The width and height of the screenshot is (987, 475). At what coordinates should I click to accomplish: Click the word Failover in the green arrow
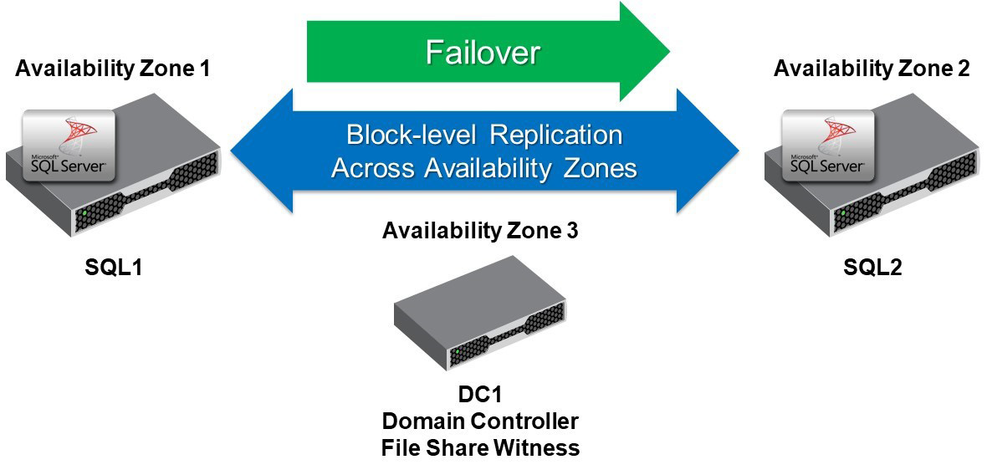point(483,53)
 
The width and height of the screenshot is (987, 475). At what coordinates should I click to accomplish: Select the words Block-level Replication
point(483,135)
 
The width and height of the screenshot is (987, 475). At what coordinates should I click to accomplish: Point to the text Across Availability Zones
point(483,168)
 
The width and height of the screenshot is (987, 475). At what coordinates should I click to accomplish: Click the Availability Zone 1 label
point(113,69)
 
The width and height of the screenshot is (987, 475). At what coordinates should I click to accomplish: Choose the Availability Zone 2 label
point(872,69)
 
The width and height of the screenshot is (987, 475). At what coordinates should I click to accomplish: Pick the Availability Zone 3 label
point(479,231)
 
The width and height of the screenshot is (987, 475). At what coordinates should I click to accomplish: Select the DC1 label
point(479,394)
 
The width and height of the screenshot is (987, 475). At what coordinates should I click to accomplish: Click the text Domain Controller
point(479,421)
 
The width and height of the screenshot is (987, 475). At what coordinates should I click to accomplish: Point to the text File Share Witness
point(479,447)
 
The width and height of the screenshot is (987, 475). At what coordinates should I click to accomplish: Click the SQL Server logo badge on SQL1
point(66,148)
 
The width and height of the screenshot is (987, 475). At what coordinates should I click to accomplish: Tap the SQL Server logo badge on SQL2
point(825,148)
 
